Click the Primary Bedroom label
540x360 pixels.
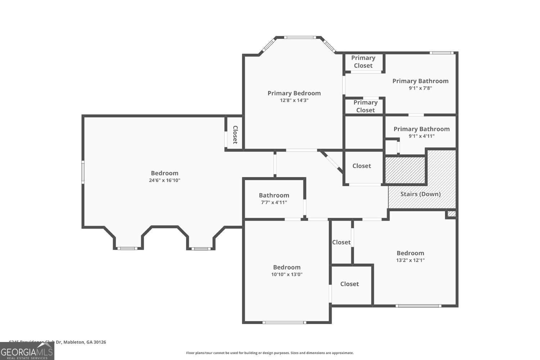tap(294, 93)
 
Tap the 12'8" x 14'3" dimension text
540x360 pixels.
tap(294, 100)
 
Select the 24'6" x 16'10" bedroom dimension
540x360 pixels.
tap(165, 180)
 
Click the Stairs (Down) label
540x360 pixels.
tap(420, 194)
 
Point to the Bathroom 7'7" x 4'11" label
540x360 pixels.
tap(274, 199)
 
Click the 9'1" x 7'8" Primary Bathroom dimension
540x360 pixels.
tap(420, 88)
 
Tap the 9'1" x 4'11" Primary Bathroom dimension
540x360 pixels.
tap(421, 136)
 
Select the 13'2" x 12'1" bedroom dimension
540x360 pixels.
tap(410, 260)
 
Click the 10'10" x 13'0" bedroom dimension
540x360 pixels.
tap(287, 274)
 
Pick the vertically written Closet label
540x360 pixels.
tap(235, 135)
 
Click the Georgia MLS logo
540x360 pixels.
tap(27, 351)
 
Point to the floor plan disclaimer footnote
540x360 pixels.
tap(270, 353)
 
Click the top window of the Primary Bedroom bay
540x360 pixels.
tap(300, 37)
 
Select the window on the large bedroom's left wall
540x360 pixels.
tap(83, 172)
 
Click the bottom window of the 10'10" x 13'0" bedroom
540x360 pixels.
tap(284, 322)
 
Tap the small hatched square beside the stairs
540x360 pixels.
tap(451, 214)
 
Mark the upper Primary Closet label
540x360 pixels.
tap(363, 62)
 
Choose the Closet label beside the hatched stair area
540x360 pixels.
tap(361, 166)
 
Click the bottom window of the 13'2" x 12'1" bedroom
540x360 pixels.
tap(418, 306)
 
